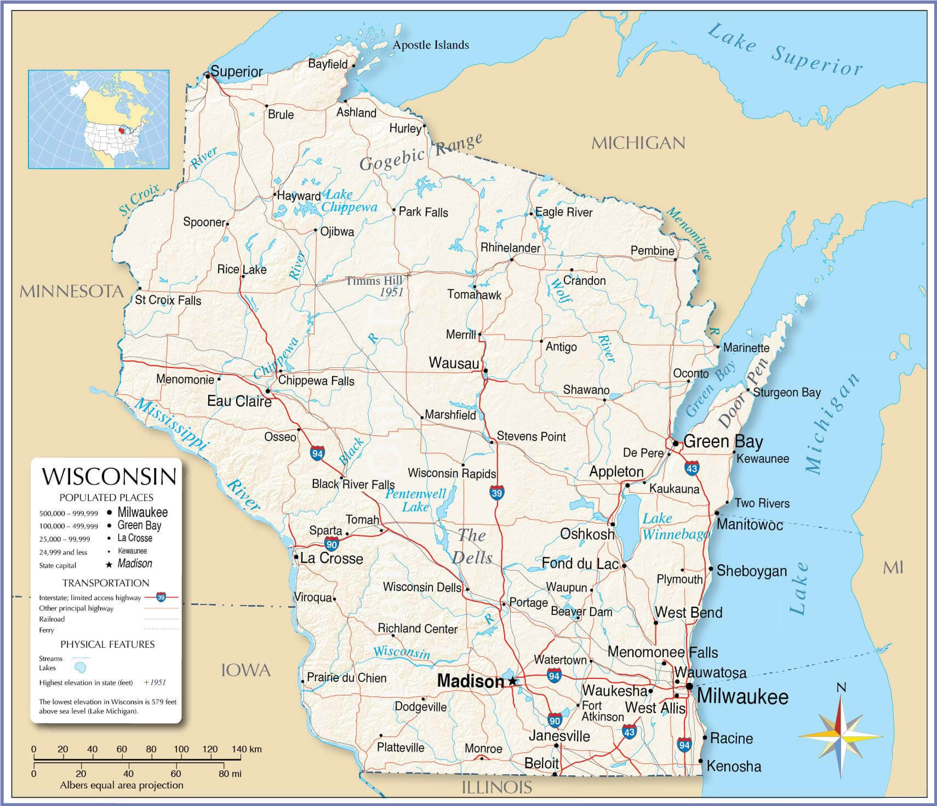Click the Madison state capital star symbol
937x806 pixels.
click(512, 681)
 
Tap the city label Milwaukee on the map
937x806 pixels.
click(742, 696)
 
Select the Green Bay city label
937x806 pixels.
click(723, 441)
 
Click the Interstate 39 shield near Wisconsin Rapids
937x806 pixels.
click(496, 492)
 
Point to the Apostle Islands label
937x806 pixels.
click(431, 45)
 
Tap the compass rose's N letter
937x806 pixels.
click(842, 688)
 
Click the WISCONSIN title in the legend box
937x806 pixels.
click(110, 476)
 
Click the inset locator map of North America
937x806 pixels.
click(99, 119)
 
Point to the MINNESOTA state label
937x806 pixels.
click(71, 291)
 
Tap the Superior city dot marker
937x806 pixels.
click(208, 76)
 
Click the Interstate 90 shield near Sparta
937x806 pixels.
click(332, 544)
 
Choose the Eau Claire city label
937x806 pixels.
click(239, 401)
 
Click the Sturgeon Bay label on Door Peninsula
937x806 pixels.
click(786, 392)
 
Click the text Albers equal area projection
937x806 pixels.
click(121, 785)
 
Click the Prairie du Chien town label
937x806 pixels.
click(346, 678)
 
